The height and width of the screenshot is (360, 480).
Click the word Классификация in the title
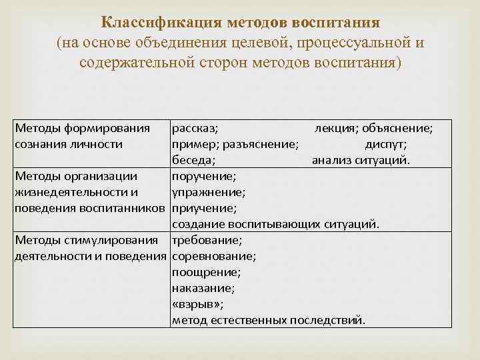(151, 23)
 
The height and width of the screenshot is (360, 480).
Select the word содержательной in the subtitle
(136, 63)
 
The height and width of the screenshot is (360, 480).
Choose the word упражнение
(208, 193)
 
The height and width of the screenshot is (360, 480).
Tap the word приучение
(203, 208)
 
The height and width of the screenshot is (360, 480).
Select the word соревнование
(213, 256)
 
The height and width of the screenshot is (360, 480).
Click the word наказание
(203, 288)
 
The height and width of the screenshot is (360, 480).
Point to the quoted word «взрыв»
(197, 304)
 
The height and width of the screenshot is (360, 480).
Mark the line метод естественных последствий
(268, 320)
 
